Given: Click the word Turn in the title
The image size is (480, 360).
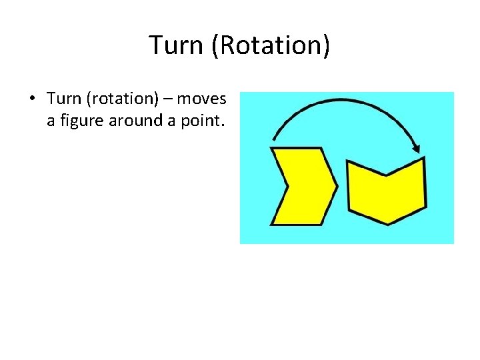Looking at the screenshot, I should (176, 46).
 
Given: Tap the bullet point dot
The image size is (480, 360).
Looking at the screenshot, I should (31, 99).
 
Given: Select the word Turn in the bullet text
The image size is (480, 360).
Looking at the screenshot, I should (63, 99).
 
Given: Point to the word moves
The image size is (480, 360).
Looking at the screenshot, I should (204, 99).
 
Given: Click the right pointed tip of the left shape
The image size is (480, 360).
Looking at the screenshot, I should (337, 187).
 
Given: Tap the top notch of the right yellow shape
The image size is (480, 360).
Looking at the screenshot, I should (386, 175).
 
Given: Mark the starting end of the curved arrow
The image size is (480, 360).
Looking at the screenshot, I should (273, 141).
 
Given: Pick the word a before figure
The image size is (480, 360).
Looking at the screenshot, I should (51, 121).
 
